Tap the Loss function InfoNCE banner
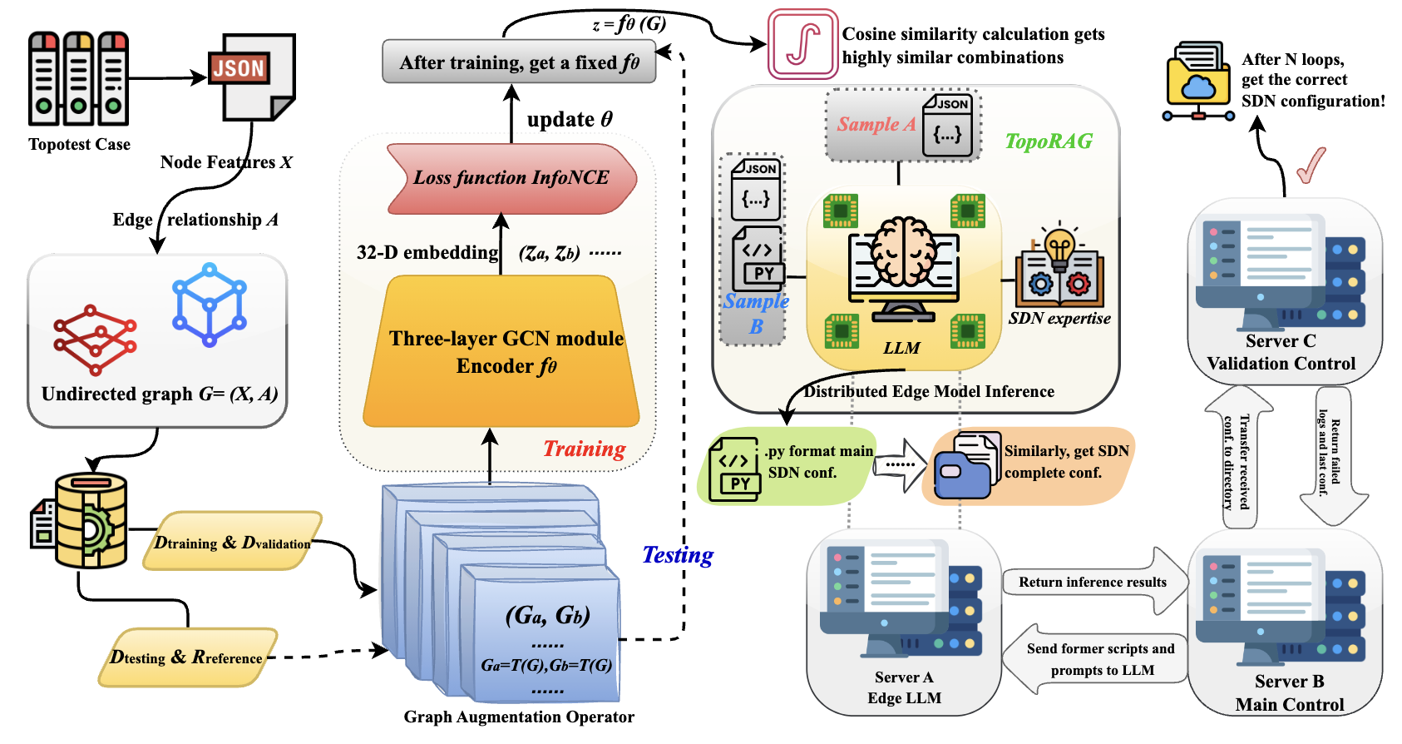click(511, 178)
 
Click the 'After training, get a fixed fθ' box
click(519, 62)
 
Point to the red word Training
click(584, 449)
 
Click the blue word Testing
click(678, 555)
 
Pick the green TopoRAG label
click(1049, 141)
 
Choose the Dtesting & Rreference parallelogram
click(187, 657)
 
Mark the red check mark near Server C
click(1311, 165)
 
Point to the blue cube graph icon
click(210, 305)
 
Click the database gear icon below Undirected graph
click(83, 522)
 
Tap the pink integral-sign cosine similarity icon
click(802, 44)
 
